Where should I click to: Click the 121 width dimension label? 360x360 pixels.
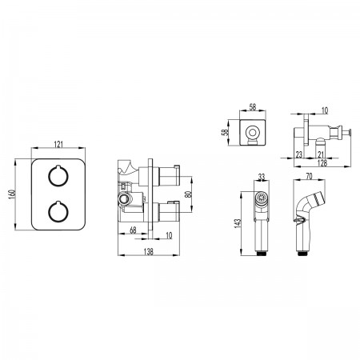(x=58, y=144)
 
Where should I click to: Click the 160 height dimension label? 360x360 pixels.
(x=11, y=195)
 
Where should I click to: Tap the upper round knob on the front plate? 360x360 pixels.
(x=58, y=176)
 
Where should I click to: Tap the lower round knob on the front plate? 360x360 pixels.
(x=58, y=212)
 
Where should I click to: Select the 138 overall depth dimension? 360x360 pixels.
(x=149, y=251)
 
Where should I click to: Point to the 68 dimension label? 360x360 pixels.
(x=133, y=230)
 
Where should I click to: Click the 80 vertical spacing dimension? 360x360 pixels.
(x=188, y=194)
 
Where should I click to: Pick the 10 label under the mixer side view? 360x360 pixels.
(x=169, y=235)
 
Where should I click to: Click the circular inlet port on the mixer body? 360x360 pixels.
(x=123, y=198)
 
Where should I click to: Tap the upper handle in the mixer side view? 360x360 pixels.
(x=169, y=176)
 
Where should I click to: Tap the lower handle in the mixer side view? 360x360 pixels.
(x=169, y=212)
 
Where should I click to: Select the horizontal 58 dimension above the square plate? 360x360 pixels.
(x=252, y=107)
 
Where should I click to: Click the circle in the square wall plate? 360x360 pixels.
(x=252, y=133)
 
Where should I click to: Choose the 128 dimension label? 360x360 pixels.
(x=322, y=163)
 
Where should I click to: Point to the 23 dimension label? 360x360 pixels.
(x=299, y=154)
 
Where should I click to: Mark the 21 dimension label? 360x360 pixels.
(x=322, y=154)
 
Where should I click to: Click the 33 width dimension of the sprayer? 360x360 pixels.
(x=262, y=177)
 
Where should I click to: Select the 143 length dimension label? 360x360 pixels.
(x=237, y=223)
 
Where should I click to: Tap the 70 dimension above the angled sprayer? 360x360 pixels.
(x=309, y=176)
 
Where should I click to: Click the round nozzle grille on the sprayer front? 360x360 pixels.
(x=262, y=198)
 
